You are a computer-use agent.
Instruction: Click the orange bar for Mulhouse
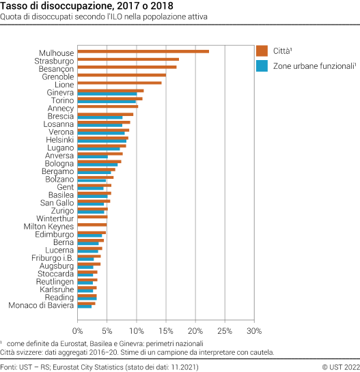tap(143, 51)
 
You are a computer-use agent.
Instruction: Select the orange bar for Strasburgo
tap(128, 59)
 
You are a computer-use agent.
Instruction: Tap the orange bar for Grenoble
tap(122, 75)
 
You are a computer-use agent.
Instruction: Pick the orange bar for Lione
tap(120, 83)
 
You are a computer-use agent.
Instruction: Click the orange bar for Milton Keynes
tap(92, 225)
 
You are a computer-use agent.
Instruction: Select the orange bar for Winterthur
tap(92, 217)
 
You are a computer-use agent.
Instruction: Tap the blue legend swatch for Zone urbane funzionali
tap(262, 66)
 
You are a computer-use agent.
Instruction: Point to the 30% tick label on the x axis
tap(254, 331)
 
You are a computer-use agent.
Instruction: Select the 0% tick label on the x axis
tap(78, 331)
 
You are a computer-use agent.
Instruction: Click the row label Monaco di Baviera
tap(40, 305)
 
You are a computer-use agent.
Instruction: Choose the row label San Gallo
tap(57, 203)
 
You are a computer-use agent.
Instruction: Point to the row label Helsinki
tap(59, 140)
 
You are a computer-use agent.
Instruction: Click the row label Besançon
tap(56, 69)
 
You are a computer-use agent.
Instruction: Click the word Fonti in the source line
tap(10, 367)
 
